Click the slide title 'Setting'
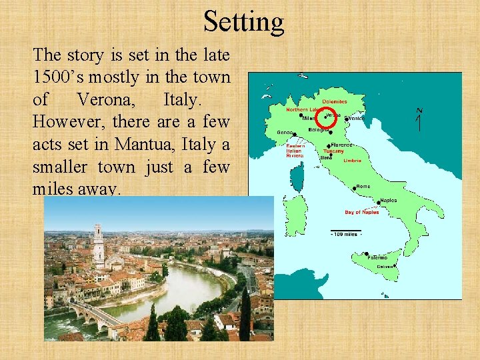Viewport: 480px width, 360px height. coord(243,21)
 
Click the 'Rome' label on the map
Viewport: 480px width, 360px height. coord(363,187)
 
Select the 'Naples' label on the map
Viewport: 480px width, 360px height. coord(388,200)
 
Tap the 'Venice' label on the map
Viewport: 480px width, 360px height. coord(356,118)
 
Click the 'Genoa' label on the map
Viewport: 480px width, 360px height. coord(284,132)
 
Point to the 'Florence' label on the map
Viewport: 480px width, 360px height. coord(342,145)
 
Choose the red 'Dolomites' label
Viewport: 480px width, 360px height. coord(335,101)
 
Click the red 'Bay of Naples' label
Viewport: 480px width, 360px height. coord(362,212)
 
